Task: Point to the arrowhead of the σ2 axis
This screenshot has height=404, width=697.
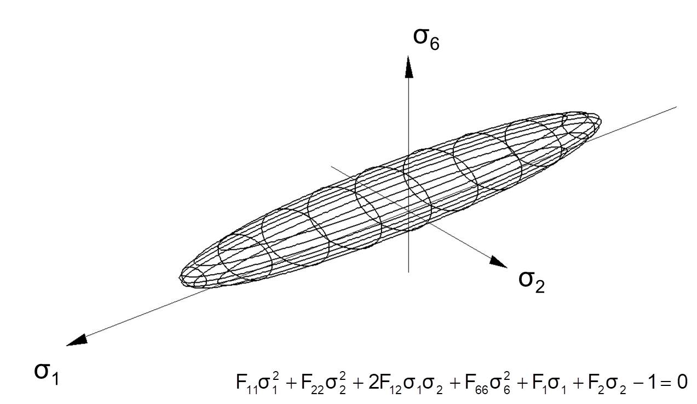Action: [x=498, y=261]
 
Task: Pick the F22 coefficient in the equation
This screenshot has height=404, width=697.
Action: [x=313, y=383]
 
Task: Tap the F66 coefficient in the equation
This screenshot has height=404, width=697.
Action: [x=476, y=383]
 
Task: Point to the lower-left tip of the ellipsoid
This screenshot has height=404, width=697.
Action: [x=179, y=277]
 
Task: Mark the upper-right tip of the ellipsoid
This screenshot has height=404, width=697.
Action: [x=601, y=120]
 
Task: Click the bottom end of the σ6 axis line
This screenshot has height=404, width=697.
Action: [x=408, y=272]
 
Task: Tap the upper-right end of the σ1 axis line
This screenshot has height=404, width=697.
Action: [x=676, y=107]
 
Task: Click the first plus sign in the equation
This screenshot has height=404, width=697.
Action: [x=291, y=383]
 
